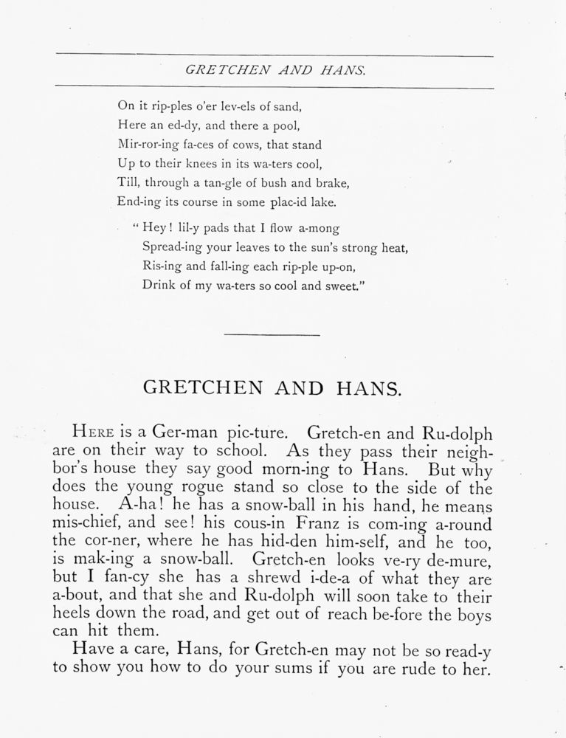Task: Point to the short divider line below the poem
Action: (x=272, y=335)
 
